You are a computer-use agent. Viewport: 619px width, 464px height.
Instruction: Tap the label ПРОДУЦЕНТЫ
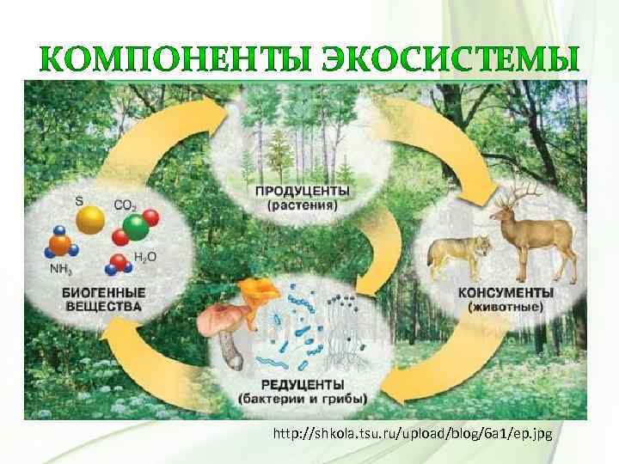[302, 190]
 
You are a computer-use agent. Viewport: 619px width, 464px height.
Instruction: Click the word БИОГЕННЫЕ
[101, 292]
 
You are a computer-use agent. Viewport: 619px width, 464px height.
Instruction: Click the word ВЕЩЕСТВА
[101, 306]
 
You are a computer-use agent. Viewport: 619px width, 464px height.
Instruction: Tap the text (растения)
[302, 205]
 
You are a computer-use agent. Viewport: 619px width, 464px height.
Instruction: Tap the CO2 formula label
[125, 207]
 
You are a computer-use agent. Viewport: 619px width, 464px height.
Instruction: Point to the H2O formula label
[144, 258]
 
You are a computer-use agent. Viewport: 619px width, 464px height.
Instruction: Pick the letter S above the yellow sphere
[79, 201]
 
